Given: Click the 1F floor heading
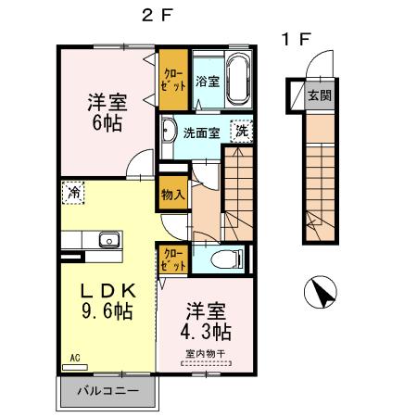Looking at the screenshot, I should click(297, 40).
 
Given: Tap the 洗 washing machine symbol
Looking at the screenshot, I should click(241, 131).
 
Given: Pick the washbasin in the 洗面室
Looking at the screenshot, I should click(169, 131).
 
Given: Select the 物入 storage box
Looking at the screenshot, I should click(172, 195).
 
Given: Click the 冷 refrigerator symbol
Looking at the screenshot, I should click(72, 194).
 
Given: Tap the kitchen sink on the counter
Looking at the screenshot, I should click(109, 240).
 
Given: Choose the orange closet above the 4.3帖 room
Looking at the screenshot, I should click(173, 259).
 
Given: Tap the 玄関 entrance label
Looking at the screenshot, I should click(318, 95).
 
